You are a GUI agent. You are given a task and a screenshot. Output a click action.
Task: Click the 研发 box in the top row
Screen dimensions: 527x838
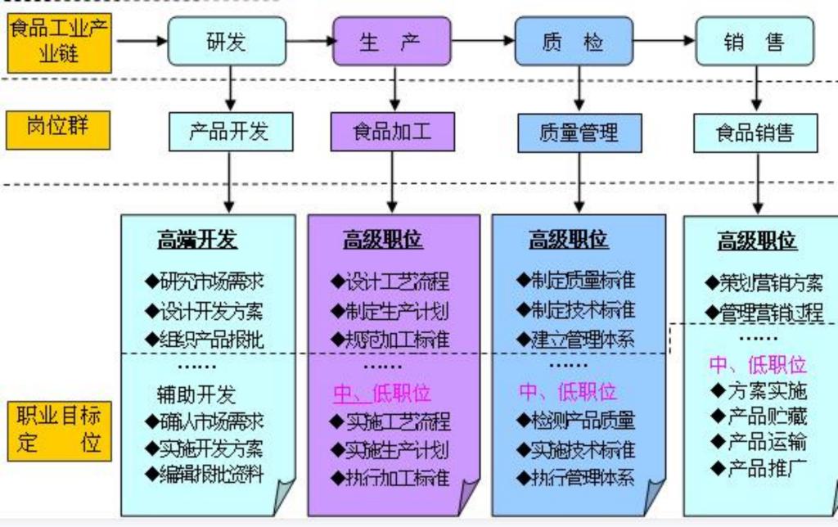point(228,41)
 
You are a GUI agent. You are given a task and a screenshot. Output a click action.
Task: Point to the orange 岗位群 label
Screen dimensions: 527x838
point(58,129)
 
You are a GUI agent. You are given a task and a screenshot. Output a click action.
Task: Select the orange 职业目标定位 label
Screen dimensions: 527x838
point(58,430)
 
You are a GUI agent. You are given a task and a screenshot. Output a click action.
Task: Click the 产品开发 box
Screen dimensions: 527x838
point(230,131)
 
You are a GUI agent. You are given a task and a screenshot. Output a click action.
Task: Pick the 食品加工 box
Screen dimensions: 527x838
point(392,131)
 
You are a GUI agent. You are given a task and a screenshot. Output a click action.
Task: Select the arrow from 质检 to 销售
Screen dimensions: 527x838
point(664,38)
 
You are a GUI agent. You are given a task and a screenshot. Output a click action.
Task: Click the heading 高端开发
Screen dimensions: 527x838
point(197,240)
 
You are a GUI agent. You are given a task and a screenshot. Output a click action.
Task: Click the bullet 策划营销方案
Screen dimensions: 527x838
point(764,284)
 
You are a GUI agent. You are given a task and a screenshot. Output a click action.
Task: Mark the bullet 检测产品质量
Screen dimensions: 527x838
point(575,421)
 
